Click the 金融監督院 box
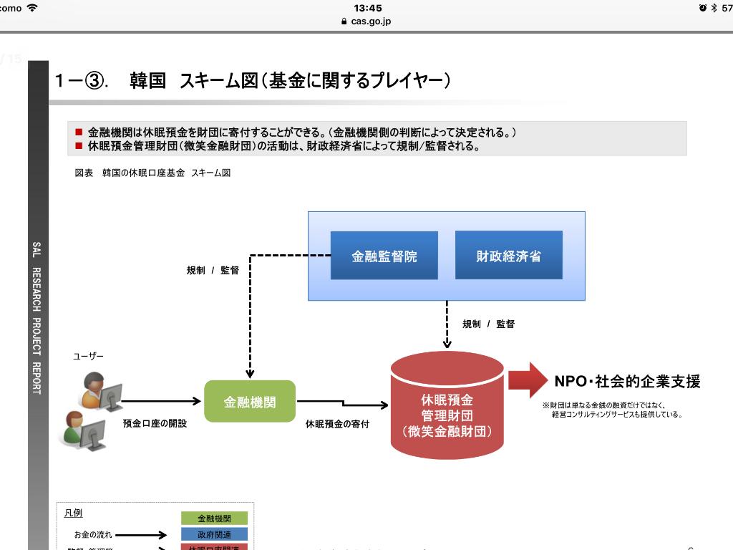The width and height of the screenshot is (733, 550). click(384, 256)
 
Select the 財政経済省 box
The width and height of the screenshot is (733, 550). click(508, 256)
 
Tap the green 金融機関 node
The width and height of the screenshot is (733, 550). click(250, 402)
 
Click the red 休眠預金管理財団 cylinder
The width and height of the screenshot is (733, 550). click(447, 412)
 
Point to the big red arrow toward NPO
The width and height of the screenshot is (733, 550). click(528, 380)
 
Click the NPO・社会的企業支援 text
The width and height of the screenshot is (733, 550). click(627, 381)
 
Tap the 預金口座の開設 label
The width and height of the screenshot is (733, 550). click(155, 423)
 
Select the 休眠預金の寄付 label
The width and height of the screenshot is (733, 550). click(337, 424)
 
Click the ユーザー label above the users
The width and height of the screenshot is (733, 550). click(88, 356)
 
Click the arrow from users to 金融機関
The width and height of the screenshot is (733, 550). click(161, 402)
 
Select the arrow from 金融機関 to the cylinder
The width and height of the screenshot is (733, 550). click(342, 404)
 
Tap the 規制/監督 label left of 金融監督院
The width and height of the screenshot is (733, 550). click(213, 270)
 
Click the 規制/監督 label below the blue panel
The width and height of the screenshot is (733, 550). click(488, 324)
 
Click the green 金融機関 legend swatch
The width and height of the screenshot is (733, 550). click(214, 518)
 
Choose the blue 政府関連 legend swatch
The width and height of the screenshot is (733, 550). click(214, 534)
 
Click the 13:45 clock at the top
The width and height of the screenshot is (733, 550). click(368, 8)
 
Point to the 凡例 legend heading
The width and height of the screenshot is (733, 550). click(73, 513)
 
